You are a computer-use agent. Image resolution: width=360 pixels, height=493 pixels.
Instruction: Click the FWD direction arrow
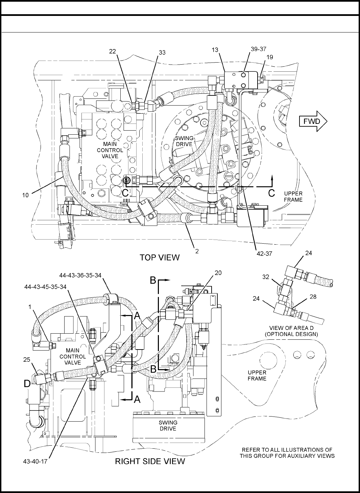pos(313,121)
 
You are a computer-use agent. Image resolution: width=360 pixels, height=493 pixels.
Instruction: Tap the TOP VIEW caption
pos(160,257)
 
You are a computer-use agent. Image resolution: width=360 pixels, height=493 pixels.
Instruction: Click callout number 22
pos(112,51)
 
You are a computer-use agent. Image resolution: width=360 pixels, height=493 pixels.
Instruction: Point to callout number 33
pos(162,52)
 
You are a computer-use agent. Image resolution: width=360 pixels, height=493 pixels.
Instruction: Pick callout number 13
pos(215,50)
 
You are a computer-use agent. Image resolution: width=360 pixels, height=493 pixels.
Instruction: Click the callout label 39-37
pos(258,49)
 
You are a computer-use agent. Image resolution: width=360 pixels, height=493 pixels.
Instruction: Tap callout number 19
pos(270,57)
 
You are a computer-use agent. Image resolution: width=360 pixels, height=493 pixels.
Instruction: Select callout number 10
pos(25,195)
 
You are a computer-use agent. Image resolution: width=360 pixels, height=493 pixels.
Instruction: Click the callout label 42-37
pos(264,254)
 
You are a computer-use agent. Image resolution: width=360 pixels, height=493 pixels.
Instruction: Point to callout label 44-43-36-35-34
pos(80,275)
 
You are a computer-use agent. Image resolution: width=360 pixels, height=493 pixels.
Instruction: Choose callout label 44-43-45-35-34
pos(45,287)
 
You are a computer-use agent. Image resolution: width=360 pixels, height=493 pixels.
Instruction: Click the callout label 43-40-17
pos(35,461)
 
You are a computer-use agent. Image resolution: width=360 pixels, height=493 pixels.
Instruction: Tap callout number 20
pos(218,273)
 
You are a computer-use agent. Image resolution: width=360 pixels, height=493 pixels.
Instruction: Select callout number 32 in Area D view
pos(266,277)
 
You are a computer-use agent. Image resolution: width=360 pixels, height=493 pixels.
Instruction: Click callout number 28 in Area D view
pos(313,297)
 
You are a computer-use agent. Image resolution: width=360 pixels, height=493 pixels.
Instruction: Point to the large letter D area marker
pos(27,384)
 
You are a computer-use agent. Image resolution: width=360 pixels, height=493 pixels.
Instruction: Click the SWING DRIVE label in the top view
pos(184,141)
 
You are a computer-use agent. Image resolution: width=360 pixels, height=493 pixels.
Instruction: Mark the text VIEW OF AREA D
pos(291,328)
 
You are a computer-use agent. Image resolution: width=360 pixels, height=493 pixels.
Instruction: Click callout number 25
pos(27,360)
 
